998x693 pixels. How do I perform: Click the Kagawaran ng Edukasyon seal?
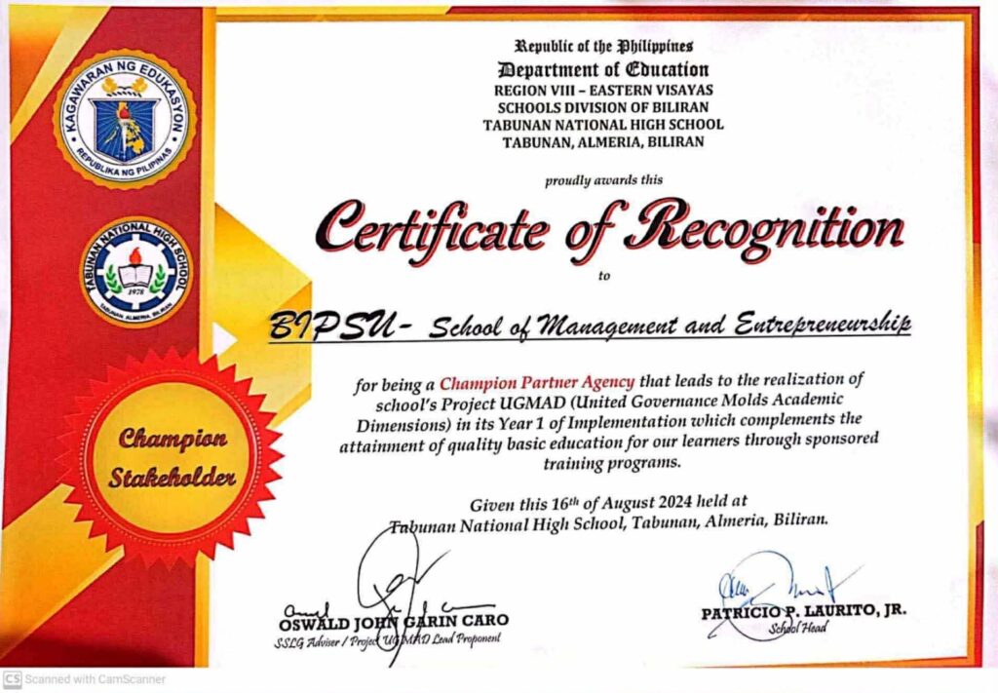click(125, 118)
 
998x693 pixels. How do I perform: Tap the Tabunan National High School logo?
click(135, 271)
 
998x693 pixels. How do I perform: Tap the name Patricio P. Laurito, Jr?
click(804, 612)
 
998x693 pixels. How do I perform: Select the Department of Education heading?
click(603, 69)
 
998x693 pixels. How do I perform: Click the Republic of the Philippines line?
click(603, 46)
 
